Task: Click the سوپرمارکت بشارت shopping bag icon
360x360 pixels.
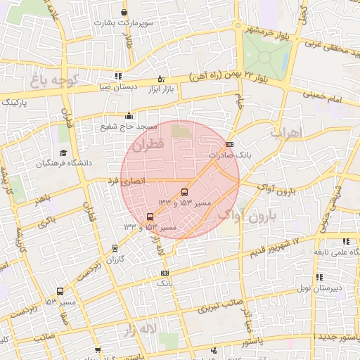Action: pos(124,13)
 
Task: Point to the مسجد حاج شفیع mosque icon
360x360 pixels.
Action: pos(128,116)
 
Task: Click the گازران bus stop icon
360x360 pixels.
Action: pos(115,248)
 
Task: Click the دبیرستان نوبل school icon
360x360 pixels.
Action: pos(320,278)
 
